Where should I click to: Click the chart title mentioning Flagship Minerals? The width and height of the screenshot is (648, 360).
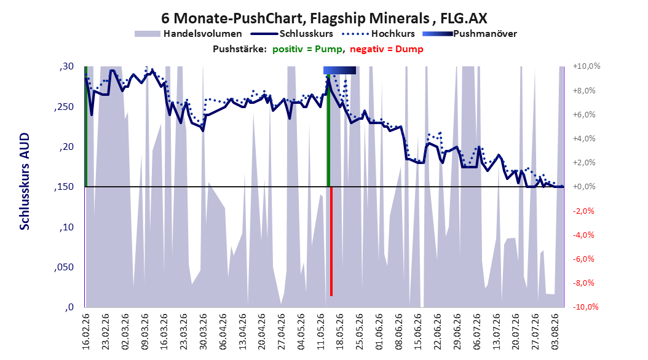(324, 18)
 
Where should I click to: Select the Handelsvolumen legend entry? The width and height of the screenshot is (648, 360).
(189, 34)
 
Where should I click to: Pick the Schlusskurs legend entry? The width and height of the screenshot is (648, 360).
(292, 34)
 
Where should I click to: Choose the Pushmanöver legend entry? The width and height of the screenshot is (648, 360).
(470, 34)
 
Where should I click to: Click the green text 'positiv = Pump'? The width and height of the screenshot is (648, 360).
(307, 49)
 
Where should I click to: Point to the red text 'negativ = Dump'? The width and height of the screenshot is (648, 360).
(387, 49)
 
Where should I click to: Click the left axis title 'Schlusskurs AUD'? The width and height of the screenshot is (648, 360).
(25, 181)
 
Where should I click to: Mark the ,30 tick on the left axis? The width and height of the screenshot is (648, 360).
(66, 66)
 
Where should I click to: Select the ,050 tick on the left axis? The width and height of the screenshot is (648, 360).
(64, 267)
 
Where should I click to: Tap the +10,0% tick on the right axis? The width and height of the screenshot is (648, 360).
(587, 66)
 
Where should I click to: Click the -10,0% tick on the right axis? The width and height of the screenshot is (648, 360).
(585, 307)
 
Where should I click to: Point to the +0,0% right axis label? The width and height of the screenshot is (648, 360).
(584, 187)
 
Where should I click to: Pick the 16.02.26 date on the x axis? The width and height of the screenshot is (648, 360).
(86, 332)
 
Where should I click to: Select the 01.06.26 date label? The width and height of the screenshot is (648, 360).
(379, 332)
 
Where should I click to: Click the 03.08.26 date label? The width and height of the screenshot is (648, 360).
(555, 332)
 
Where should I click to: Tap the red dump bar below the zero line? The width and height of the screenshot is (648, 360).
(331, 241)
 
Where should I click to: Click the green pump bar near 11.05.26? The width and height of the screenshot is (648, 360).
(328, 130)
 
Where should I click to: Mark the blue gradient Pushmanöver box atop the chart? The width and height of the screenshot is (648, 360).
(339, 70)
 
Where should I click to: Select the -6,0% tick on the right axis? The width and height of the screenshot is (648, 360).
(584, 259)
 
